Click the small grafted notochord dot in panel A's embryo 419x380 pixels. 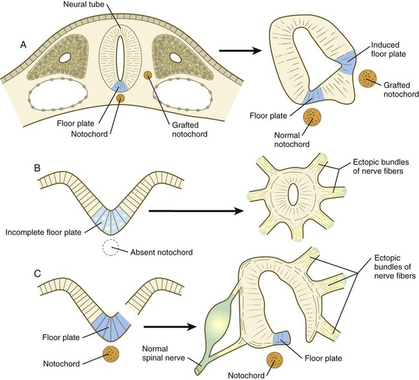[148, 76]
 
